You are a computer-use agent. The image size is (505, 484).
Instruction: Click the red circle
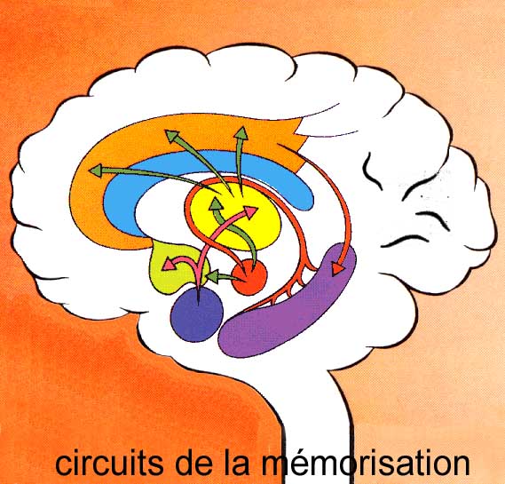[x=249, y=277]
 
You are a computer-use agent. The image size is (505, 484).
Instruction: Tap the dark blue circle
[x=197, y=314]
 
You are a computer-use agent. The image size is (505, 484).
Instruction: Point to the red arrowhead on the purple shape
[x=337, y=269]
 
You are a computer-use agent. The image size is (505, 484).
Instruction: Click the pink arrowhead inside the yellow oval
[x=250, y=212]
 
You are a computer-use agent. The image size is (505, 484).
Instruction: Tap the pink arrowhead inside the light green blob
[x=168, y=265]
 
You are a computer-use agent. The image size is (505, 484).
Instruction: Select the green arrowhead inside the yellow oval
[x=216, y=204]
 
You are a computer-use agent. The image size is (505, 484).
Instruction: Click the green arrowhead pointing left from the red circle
[x=213, y=276]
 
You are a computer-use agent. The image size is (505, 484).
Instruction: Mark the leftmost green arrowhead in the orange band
[x=96, y=170]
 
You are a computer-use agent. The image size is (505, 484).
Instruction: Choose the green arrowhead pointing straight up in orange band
[x=241, y=133]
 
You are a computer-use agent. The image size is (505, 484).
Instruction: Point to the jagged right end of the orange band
[x=298, y=142]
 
